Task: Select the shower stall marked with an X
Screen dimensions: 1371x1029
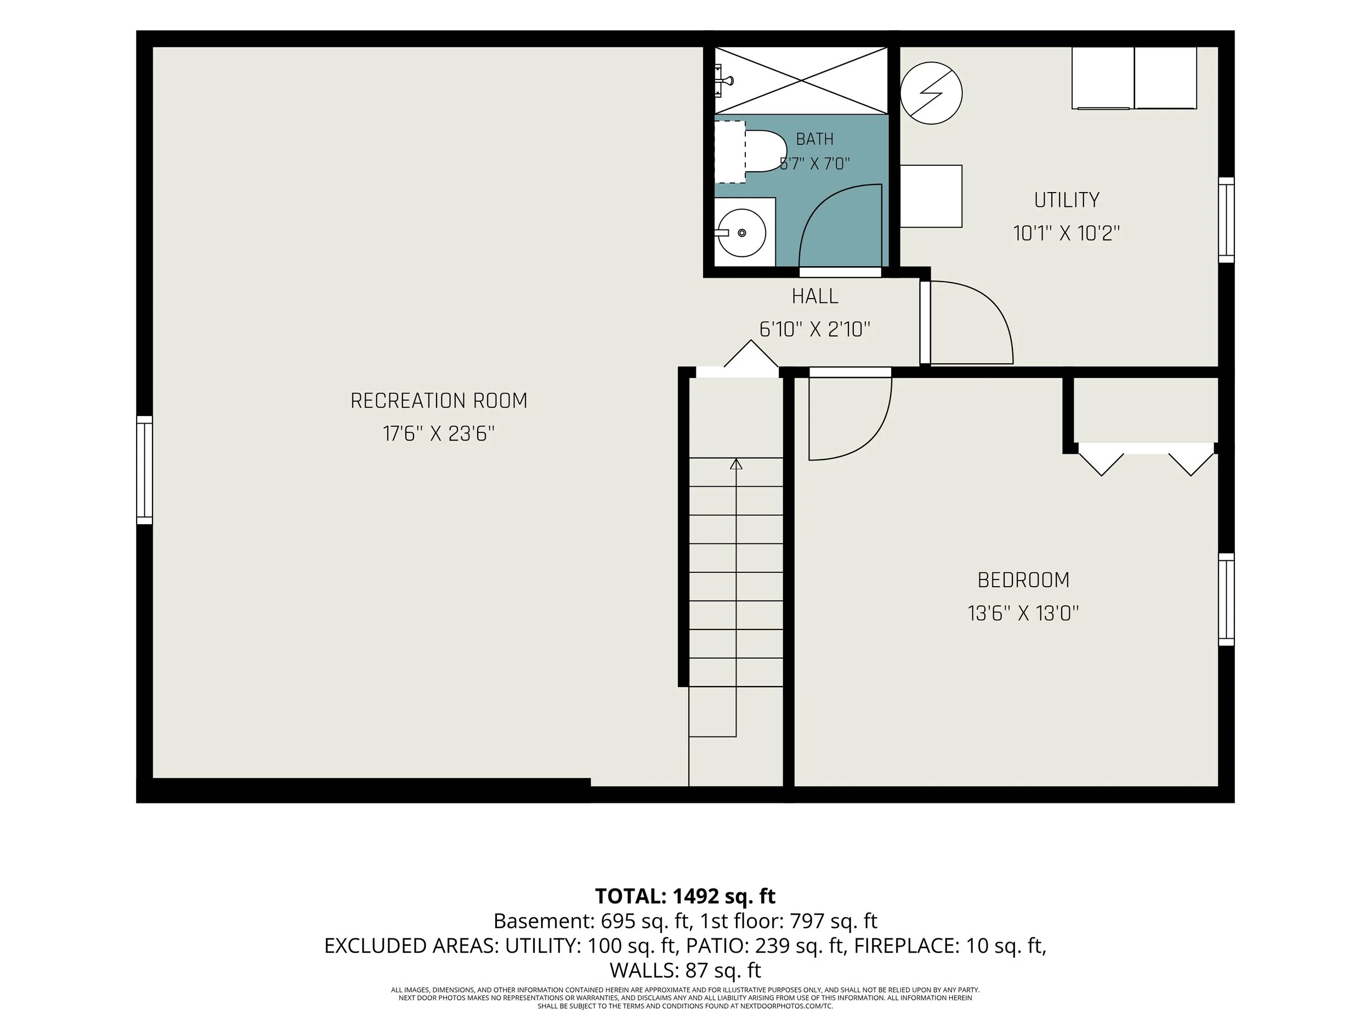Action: [801, 81]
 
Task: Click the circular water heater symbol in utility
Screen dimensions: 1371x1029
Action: [931, 93]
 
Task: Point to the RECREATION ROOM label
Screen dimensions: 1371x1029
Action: [439, 401]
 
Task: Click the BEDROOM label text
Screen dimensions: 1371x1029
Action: [1023, 581]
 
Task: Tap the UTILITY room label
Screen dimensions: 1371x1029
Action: [1067, 200]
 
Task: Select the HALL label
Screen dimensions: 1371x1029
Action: [815, 296]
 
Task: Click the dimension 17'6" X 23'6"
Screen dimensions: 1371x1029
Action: [439, 434]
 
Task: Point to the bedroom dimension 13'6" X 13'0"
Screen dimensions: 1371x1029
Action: [1023, 614]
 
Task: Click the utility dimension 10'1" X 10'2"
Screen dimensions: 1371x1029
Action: [1067, 234]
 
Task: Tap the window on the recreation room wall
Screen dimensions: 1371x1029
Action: [144, 470]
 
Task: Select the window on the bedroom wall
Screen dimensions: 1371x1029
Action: [1226, 600]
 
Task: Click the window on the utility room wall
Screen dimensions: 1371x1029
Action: [1226, 220]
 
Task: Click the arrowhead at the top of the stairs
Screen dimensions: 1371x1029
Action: [737, 463]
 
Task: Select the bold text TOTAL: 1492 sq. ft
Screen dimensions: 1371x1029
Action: [685, 896]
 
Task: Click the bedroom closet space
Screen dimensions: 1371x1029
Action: [1146, 409]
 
